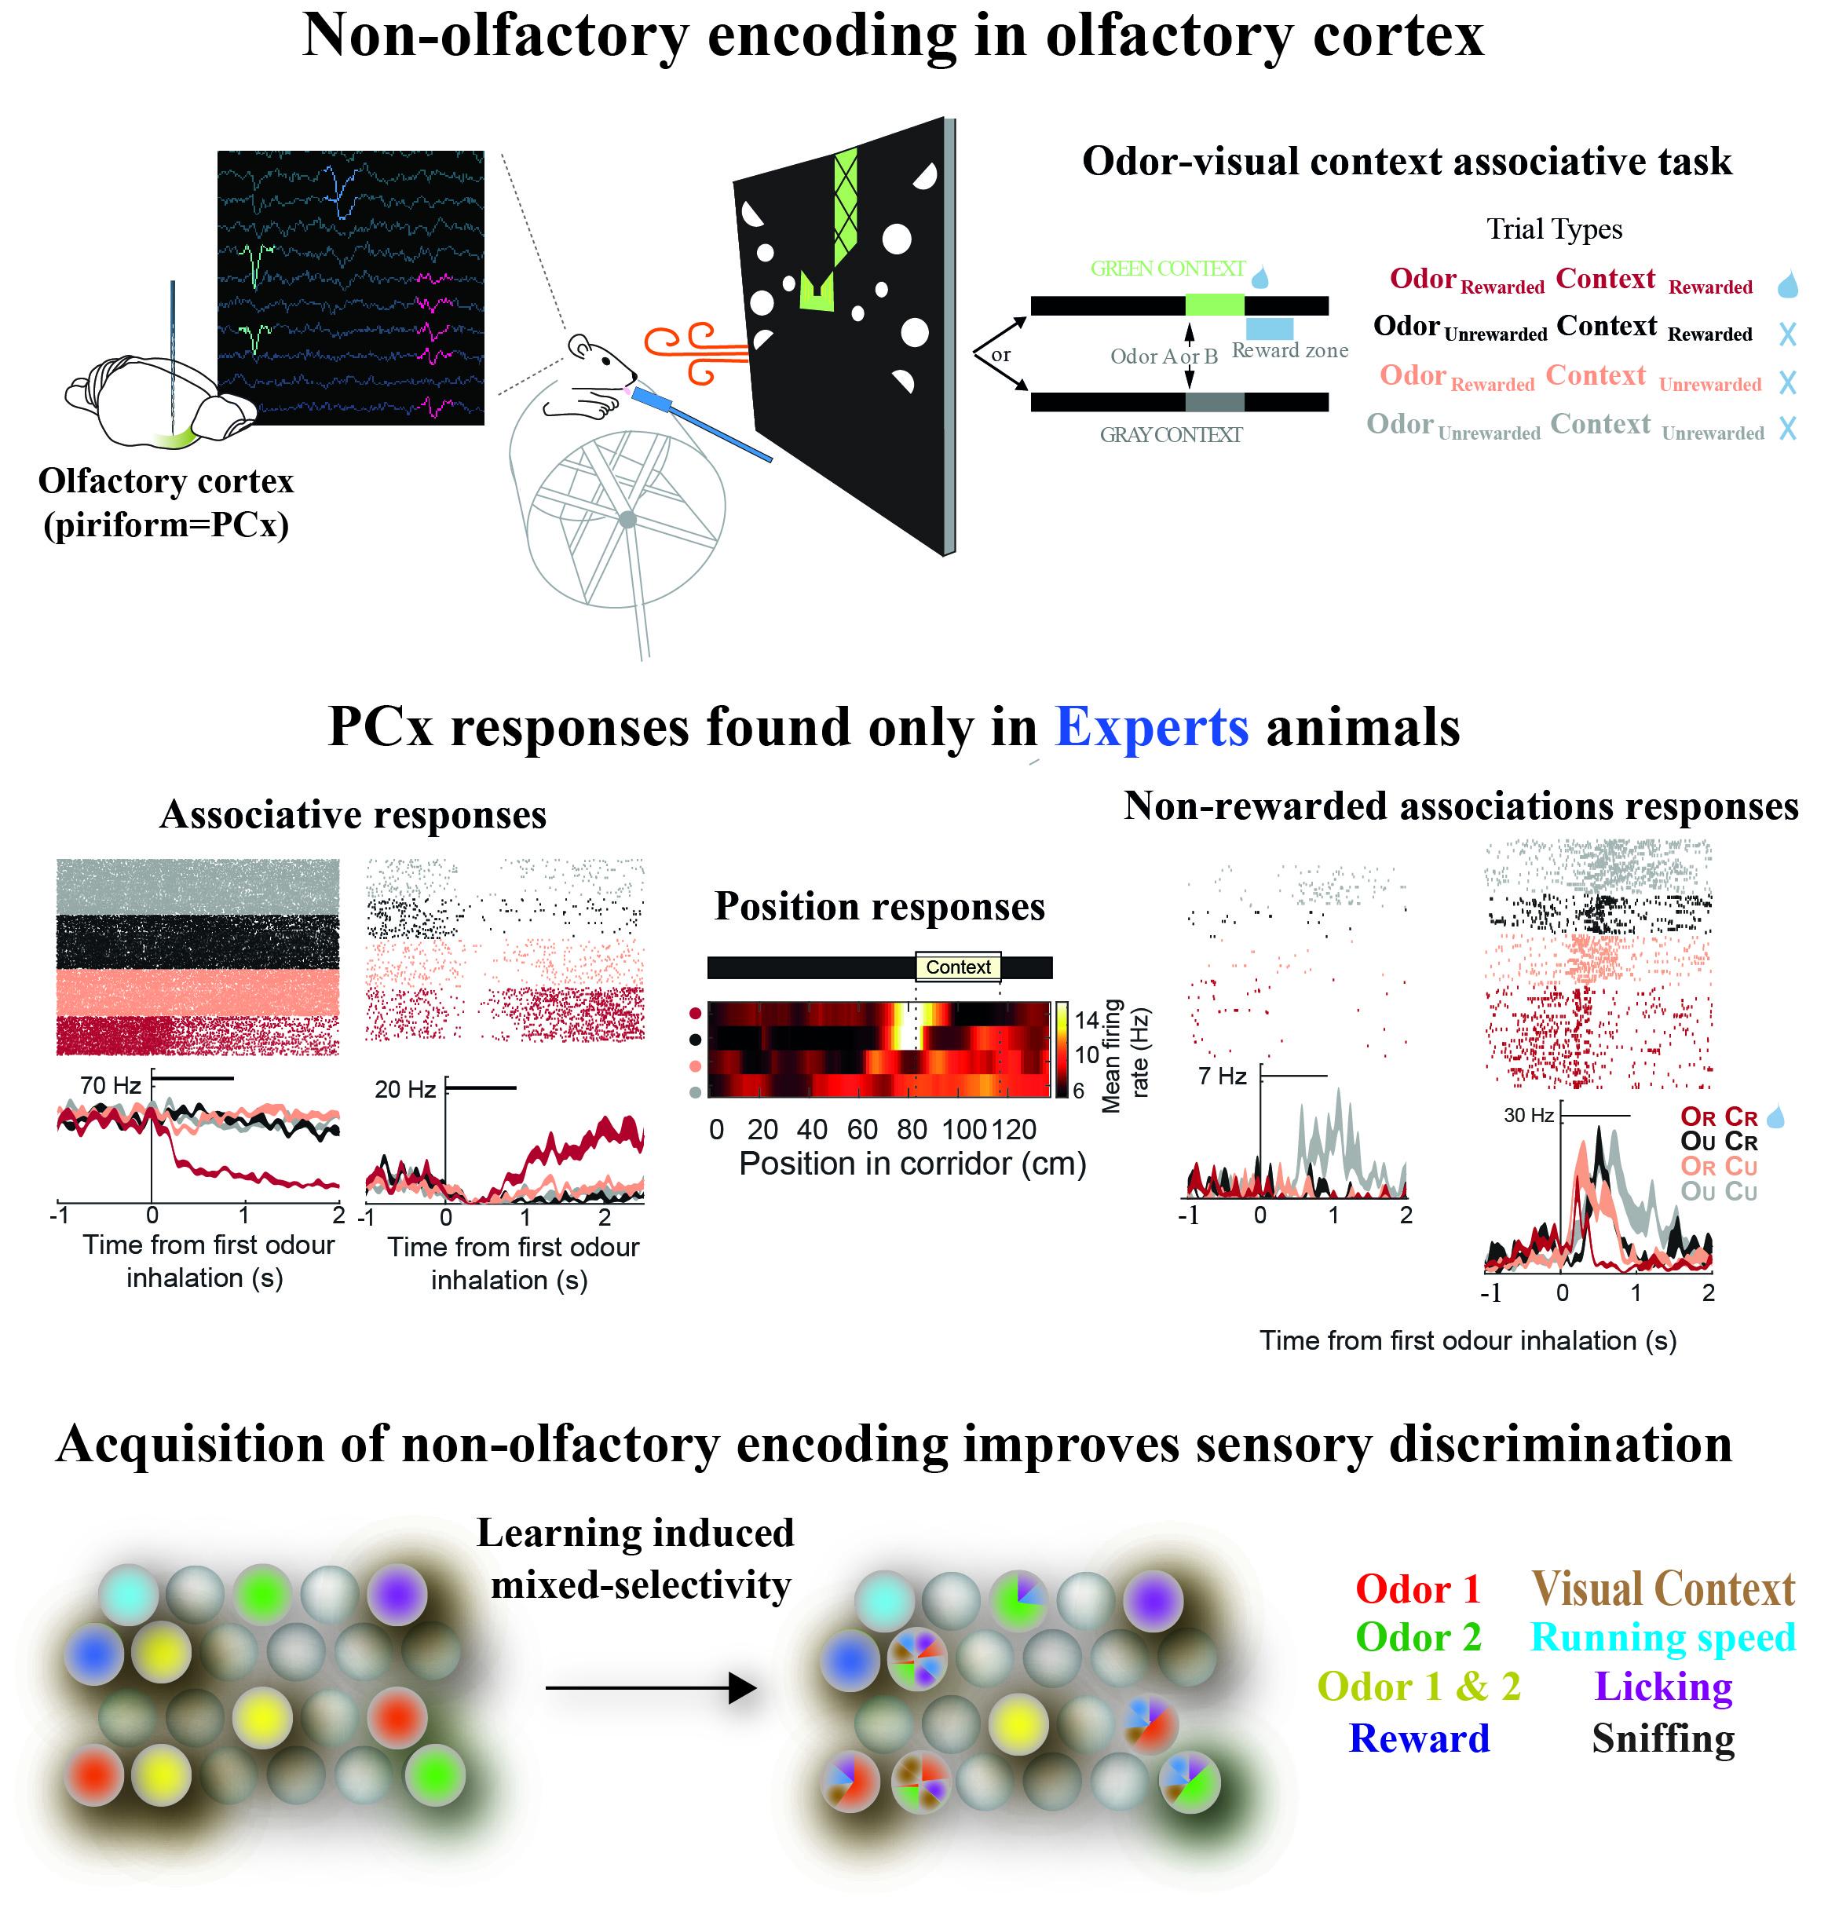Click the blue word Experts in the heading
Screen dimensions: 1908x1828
[1150, 727]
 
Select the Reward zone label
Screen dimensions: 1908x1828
[1289, 350]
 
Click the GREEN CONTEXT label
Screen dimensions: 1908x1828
[1166, 269]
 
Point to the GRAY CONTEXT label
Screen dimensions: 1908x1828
[1170, 435]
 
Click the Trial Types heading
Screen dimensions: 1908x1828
[1552, 230]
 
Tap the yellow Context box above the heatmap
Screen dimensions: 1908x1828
[957, 967]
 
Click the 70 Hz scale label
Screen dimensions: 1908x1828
[110, 1085]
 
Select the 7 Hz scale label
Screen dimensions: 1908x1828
[1222, 1076]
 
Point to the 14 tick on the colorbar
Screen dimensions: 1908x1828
[1085, 1020]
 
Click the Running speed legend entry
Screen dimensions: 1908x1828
[1662, 1637]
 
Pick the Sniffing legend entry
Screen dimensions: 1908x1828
[1662, 1738]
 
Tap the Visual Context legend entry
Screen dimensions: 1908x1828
[1662, 1588]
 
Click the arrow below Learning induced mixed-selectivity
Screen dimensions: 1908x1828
[649, 1688]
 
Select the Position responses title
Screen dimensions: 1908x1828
[879, 906]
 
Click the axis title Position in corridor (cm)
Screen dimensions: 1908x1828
[912, 1164]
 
